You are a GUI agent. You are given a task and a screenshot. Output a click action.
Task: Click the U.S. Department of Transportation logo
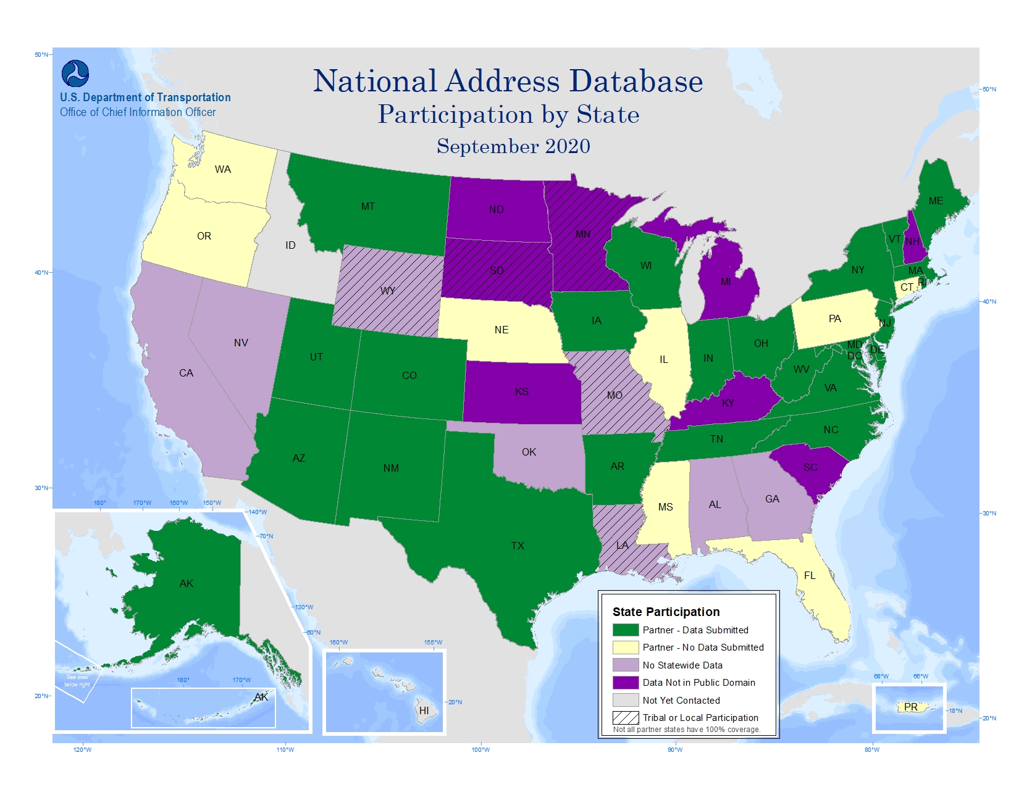click(x=75, y=73)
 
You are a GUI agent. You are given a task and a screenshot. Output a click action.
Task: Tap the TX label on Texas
click(x=518, y=546)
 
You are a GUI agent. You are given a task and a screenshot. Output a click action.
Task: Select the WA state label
click(x=223, y=169)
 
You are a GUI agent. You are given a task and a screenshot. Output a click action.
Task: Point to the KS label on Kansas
click(x=522, y=391)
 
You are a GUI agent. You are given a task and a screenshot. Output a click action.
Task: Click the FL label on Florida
click(x=810, y=575)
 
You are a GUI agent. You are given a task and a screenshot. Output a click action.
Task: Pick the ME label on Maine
click(x=936, y=201)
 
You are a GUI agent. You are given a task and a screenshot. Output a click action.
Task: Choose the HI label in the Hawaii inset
click(x=424, y=710)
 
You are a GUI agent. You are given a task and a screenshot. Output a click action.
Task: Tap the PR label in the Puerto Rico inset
click(x=911, y=707)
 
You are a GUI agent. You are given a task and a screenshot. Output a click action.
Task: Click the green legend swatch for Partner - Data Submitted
click(x=625, y=630)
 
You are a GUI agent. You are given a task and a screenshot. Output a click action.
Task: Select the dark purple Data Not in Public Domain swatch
click(x=625, y=683)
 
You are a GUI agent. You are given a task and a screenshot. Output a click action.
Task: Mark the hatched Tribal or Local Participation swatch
click(x=625, y=718)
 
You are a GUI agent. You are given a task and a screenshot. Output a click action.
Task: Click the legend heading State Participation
click(x=666, y=612)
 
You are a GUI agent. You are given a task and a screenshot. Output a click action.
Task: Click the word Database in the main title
click(x=635, y=81)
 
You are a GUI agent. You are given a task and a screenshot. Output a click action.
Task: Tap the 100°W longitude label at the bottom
click(x=480, y=749)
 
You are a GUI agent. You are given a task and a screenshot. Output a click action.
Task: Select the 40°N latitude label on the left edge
click(x=41, y=272)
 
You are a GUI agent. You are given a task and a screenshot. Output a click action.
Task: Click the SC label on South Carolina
click(x=810, y=467)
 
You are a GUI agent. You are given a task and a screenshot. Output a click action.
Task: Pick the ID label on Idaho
click(x=290, y=245)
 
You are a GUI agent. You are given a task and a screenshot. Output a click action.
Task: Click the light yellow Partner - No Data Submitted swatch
click(x=625, y=648)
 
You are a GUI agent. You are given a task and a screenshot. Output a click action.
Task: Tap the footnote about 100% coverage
click(x=687, y=730)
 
